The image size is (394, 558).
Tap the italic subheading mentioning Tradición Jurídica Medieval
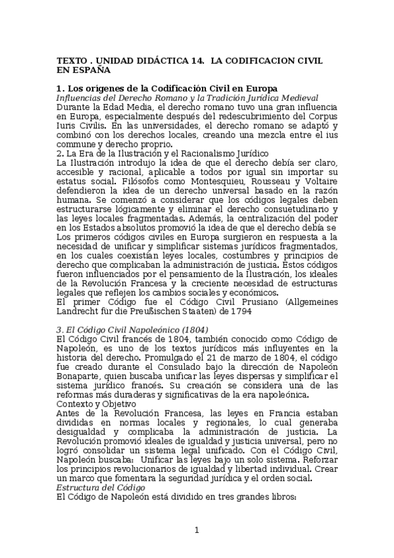coord(187,97)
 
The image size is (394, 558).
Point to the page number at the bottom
coord(197,530)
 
